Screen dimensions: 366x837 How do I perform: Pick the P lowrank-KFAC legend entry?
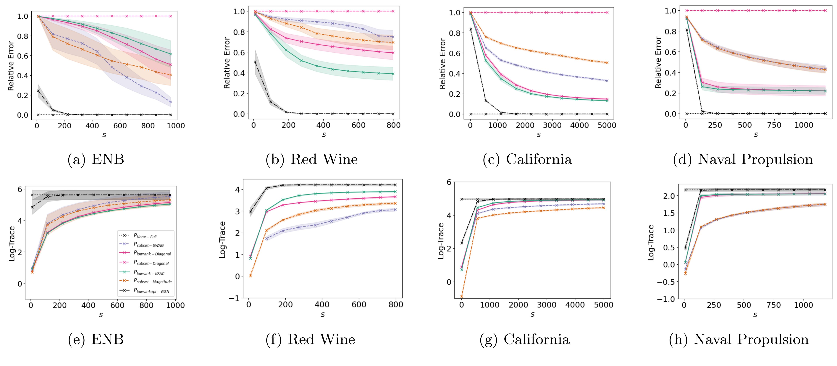coord(149,273)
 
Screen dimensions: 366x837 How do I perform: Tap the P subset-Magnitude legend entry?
coord(152,281)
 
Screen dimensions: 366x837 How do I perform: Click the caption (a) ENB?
coord(96,159)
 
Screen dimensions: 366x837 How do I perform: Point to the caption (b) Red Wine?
coord(312,159)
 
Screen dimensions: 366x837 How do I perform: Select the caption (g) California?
coord(524,339)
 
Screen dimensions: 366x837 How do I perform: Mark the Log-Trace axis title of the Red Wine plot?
coord(222,240)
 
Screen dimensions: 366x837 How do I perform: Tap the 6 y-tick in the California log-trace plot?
coord(449,182)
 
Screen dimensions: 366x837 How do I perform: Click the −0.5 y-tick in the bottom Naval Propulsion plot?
coord(665,282)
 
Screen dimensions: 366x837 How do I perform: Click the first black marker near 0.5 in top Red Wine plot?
coord(255,62)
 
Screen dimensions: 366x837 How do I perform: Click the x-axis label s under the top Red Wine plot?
coord(324,135)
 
